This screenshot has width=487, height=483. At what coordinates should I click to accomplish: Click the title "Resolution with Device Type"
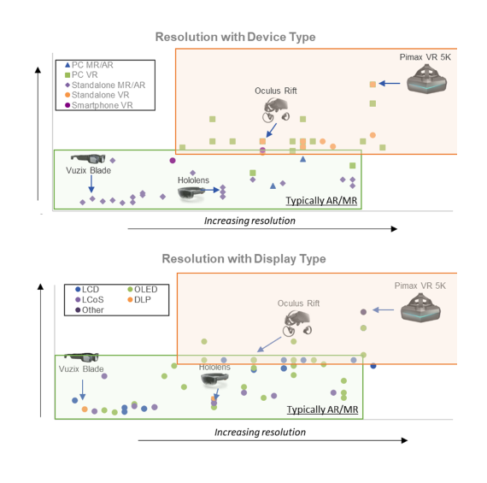(236, 37)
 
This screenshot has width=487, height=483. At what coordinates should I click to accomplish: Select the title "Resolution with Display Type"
(243, 259)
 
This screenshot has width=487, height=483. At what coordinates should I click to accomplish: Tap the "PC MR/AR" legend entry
(89, 65)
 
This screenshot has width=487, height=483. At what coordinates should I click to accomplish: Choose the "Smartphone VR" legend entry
(99, 105)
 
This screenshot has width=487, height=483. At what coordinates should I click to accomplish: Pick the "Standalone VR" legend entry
(97, 95)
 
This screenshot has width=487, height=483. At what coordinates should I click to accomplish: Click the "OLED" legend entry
(143, 289)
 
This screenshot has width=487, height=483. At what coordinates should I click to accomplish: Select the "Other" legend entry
(90, 309)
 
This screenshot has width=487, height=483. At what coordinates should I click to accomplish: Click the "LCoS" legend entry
(90, 299)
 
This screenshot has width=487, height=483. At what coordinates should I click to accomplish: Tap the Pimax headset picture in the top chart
(426, 79)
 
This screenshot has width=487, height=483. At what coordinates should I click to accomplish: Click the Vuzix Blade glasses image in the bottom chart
(81, 357)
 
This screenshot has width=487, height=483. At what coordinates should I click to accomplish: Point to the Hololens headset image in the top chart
(191, 193)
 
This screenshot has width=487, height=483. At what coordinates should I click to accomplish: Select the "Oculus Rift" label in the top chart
(276, 91)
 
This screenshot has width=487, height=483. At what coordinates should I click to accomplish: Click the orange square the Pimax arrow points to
(373, 85)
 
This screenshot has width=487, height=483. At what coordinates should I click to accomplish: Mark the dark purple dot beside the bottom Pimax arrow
(363, 312)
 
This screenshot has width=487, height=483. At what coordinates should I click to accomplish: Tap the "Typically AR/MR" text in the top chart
(321, 201)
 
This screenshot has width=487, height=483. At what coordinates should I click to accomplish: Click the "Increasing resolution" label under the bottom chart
(260, 432)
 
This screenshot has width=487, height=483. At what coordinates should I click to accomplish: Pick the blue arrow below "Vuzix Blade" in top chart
(91, 184)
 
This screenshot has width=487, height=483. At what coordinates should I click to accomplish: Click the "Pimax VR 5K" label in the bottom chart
(420, 286)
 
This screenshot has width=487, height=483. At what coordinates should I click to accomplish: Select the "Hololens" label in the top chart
(193, 180)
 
